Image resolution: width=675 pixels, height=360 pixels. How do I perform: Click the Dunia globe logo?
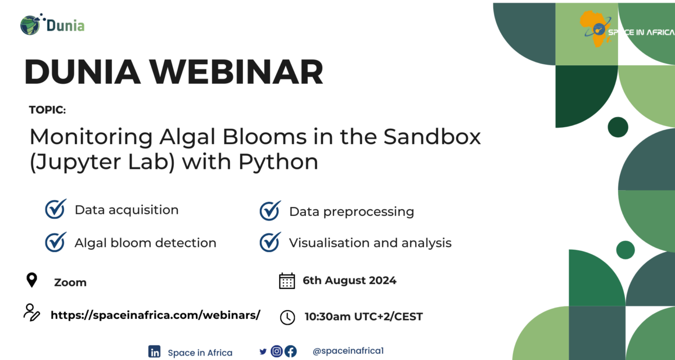(x=31, y=25)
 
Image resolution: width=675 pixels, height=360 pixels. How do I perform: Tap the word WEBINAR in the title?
(x=237, y=72)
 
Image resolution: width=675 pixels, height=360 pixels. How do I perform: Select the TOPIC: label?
(x=47, y=110)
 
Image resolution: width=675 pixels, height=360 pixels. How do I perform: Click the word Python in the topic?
(x=278, y=162)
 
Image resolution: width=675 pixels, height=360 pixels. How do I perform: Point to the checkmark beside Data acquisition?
(x=56, y=209)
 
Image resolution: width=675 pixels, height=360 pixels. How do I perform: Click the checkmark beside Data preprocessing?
(x=270, y=211)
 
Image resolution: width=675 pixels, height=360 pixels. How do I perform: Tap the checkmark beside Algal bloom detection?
(x=56, y=242)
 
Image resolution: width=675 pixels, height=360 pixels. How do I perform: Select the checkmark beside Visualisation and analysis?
(x=270, y=242)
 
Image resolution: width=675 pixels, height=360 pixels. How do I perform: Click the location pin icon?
(x=32, y=280)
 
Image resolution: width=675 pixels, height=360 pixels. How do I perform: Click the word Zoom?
(x=70, y=282)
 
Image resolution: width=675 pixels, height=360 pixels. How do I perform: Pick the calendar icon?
(x=287, y=281)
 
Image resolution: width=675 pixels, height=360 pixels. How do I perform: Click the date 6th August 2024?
(x=349, y=280)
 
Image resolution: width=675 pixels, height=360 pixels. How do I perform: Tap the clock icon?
(x=287, y=317)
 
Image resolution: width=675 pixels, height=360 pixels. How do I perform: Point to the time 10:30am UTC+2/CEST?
(x=363, y=317)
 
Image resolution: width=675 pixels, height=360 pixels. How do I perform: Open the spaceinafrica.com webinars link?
(x=155, y=315)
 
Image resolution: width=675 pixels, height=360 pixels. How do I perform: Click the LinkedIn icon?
(x=154, y=352)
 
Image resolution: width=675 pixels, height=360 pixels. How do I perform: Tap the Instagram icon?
(x=276, y=352)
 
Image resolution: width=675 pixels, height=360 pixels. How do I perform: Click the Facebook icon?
(x=290, y=352)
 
